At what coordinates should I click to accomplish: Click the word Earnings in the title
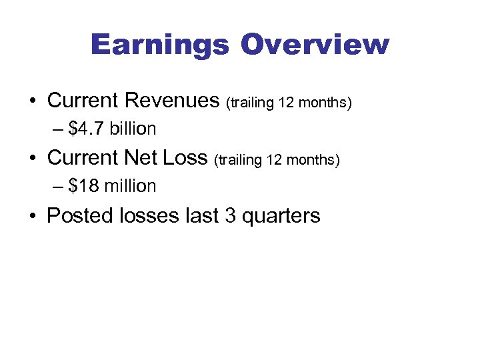point(160,45)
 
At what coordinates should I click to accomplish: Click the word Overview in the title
point(315,45)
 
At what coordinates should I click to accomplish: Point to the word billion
point(134,128)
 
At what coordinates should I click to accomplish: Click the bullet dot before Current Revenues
point(33,101)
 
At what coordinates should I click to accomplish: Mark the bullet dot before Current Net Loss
point(33,159)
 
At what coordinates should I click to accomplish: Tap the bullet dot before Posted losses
point(33,217)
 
